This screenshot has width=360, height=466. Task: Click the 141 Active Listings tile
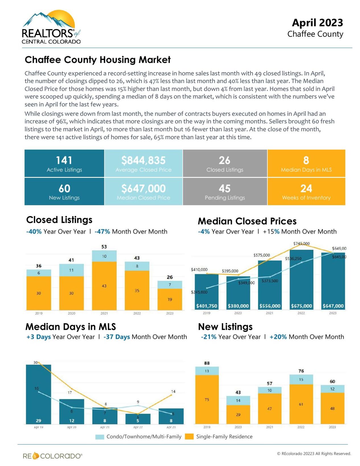tap(64, 163)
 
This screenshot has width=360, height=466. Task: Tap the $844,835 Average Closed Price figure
tap(143, 160)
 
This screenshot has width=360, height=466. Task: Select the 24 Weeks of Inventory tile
tap(306, 191)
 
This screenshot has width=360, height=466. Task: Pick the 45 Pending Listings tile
tap(225, 191)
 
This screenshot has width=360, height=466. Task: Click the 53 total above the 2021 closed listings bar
tap(104, 247)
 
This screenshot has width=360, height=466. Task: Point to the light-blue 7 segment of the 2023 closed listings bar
tap(170, 284)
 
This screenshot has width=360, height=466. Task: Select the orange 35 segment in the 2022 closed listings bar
tap(137, 290)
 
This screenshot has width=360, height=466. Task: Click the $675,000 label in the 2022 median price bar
tap(301, 306)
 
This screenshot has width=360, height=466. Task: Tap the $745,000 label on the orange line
tap(301, 244)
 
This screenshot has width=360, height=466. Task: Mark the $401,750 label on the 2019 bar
tap(207, 306)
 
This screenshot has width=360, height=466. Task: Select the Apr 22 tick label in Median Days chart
tap(138, 427)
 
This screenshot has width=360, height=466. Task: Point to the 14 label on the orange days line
tap(173, 391)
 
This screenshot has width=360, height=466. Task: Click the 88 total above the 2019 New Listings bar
tap(207, 363)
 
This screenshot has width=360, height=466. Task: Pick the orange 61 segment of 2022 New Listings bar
tap(301, 404)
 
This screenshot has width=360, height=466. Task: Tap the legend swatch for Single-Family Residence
tap(189, 436)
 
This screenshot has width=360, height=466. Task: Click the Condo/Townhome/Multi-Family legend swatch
tap(100, 437)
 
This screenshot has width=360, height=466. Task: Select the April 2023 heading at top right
tap(317, 23)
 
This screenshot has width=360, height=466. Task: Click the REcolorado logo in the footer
tap(53, 456)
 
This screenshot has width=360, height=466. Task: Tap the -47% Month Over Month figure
tap(102, 232)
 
